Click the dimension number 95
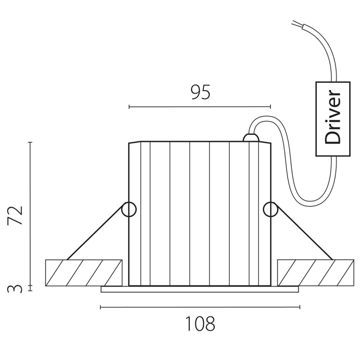(x=201, y=92)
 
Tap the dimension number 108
(x=200, y=324)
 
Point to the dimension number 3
(x=17, y=289)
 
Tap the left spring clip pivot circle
(x=128, y=209)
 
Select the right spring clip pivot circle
(x=271, y=209)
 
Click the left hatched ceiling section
(x=84, y=273)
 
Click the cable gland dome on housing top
(x=250, y=137)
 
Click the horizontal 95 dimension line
(x=200, y=107)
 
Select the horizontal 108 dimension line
(x=200, y=308)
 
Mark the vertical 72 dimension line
(x=30, y=213)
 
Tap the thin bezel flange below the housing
(x=200, y=289)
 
